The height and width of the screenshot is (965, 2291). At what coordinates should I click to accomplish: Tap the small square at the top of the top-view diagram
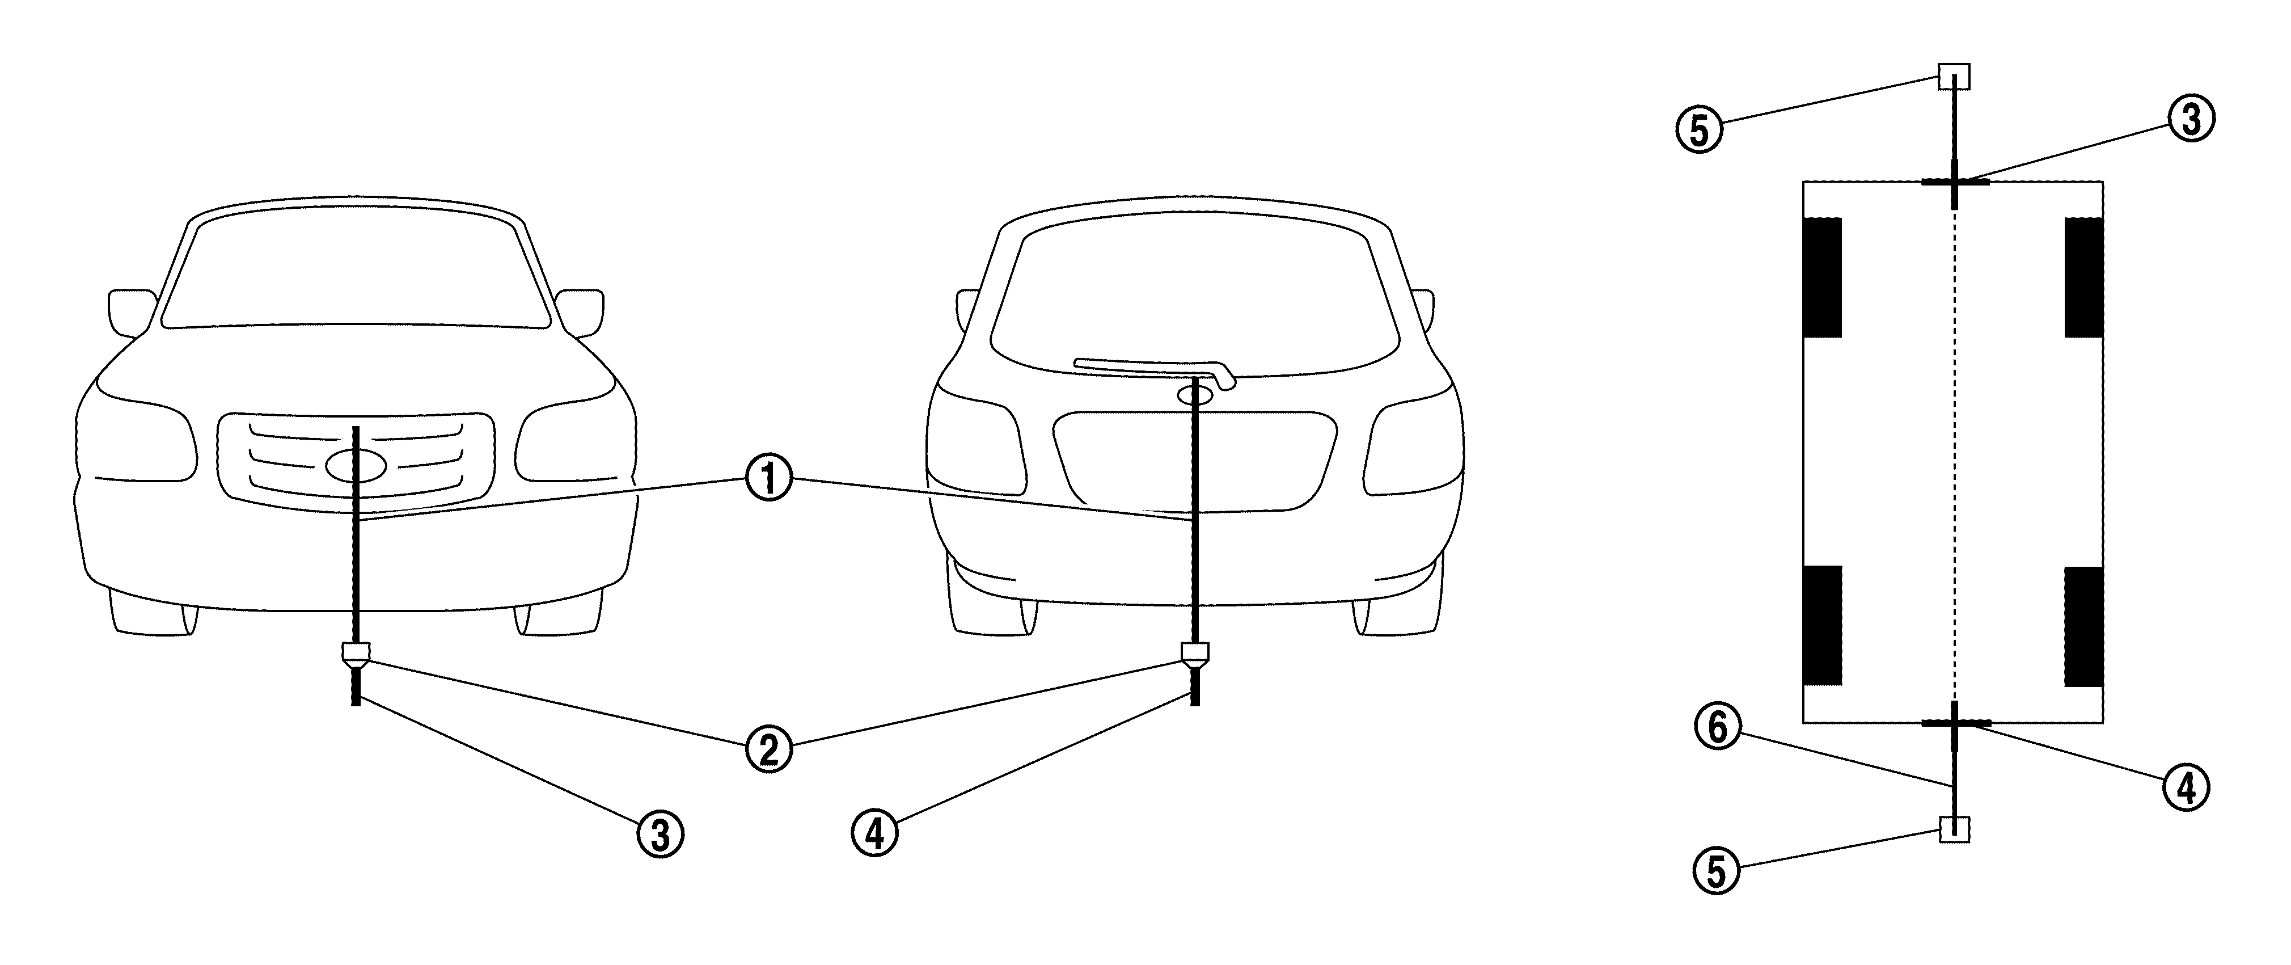click(1954, 77)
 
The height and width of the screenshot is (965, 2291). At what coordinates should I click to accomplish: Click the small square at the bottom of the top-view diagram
click(1954, 829)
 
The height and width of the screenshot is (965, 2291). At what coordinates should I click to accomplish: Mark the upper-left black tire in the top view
click(1821, 277)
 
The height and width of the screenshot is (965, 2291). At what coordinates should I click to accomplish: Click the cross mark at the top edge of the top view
click(1954, 182)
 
